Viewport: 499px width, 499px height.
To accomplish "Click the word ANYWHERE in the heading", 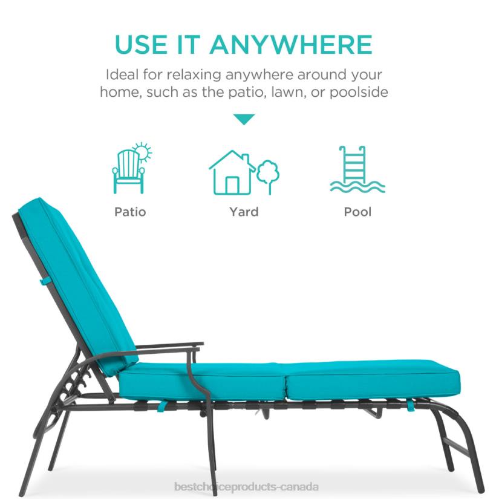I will [291, 45].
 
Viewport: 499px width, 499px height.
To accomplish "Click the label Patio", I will [130, 212].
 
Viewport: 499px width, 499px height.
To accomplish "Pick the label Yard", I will [244, 212].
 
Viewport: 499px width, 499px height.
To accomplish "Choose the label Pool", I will [357, 212].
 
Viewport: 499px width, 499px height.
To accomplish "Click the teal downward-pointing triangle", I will [244, 119].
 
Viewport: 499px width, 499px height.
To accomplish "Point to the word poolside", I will [357, 93].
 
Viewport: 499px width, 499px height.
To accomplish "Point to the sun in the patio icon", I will [143, 152].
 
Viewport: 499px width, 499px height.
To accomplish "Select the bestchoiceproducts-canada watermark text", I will [246, 487].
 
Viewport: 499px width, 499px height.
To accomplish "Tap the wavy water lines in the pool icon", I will [357, 186].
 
